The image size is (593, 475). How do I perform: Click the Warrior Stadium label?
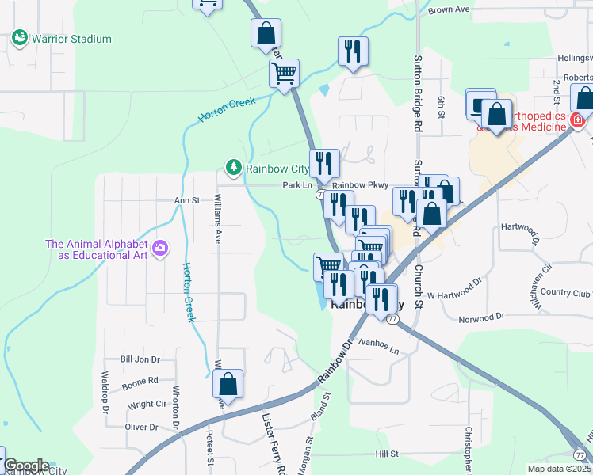(x=71, y=39)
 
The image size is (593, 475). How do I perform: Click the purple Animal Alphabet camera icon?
(x=160, y=250)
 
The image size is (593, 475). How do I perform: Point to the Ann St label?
(x=186, y=201)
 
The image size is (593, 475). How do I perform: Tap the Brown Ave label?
(x=449, y=9)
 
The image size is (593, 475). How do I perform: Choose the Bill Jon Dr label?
(x=140, y=359)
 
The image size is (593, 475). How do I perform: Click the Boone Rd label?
(x=140, y=384)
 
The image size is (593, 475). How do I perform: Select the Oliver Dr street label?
(x=142, y=427)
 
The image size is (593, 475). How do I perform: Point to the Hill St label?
(x=387, y=454)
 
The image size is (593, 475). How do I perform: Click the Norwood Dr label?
(x=481, y=318)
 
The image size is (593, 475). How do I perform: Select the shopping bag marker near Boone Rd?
(x=228, y=385)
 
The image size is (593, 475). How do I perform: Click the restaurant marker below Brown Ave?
(x=352, y=51)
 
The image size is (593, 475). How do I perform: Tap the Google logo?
(x=26, y=465)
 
